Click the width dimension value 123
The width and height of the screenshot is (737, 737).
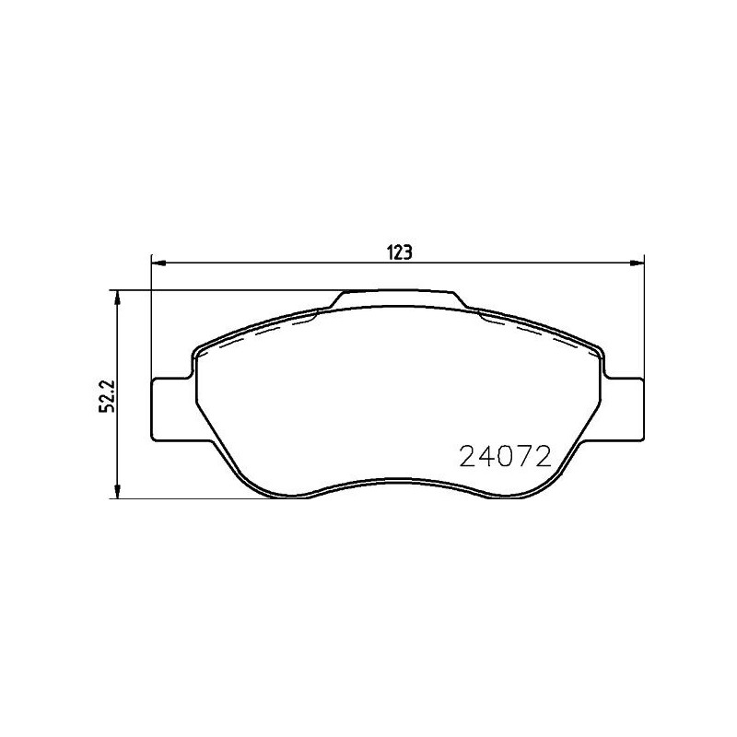(400, 252)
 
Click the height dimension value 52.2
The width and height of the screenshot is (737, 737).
(107, 395)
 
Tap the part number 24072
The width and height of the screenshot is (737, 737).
(505, 456)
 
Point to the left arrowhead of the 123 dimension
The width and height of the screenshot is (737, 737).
(158, 263)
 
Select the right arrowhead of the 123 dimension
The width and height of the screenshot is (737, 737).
(637, 263)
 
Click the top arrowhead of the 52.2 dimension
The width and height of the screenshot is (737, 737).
(118, 298)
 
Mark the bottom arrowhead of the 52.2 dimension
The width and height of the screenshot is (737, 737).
(118, 491)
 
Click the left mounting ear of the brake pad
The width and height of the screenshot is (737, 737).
(172, 409)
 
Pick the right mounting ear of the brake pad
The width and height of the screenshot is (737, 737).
(624, 409)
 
